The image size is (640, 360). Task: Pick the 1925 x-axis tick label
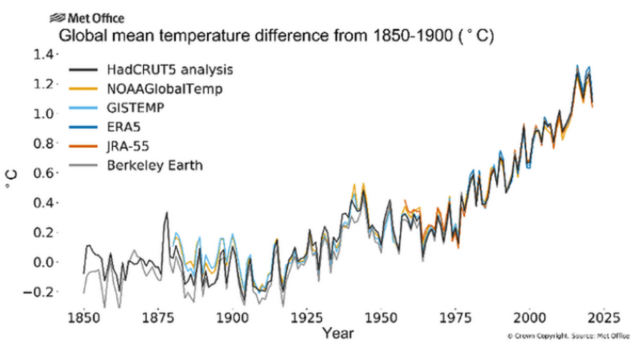coord(307,317)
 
